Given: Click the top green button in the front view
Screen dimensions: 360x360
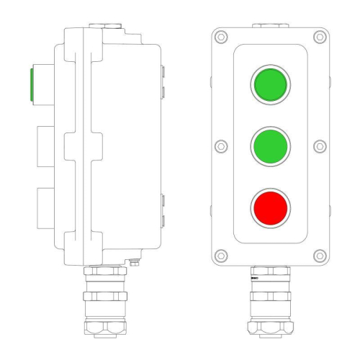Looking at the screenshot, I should click(x=269, y=84).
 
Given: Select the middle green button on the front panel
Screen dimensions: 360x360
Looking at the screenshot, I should click(x=269, y=145).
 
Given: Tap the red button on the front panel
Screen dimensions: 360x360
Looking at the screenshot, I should click(x=269, y=207).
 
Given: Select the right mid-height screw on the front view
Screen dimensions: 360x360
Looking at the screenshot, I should click(x=320, y=145).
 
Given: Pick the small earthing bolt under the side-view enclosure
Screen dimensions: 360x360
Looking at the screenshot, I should click(x=133, y=264).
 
